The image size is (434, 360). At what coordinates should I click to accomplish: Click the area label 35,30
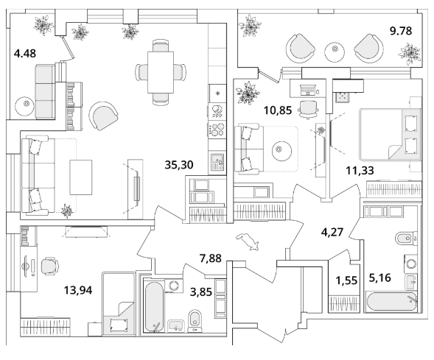(x=179, y=165)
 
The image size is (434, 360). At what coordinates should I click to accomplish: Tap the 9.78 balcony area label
(x=401, y=31)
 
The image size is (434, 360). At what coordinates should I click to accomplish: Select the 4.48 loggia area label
(x=25, y=53)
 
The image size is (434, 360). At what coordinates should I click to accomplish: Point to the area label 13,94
(x=78, y=290)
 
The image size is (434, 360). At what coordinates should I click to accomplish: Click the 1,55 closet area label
(x=346, y=280)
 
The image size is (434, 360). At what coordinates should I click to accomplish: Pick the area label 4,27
(x=332, y=232)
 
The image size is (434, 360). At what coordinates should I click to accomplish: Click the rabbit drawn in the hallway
(x=248, y=241)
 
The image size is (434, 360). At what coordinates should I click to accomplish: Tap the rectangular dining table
(x=161, y=72)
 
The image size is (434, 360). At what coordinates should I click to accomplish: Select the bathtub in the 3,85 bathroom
(x=154, y=306)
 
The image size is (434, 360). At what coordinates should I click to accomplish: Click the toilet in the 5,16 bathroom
(x=406, y=239)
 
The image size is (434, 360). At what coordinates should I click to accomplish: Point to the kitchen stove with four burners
(x=217, y=129)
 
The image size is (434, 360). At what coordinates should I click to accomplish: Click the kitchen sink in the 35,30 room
(x=217, y=162)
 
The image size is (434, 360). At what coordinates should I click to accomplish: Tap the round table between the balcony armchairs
(x=335, y=52)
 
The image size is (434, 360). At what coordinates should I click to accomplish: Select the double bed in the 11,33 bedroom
(x=391, y=135)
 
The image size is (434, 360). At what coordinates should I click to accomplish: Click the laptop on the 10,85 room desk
(x=307, y=90)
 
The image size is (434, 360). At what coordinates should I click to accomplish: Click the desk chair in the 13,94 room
(x=50, y=266)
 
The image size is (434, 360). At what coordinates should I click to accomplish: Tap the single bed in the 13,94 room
(x=119, y=303)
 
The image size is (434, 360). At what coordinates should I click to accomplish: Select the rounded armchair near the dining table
(x=103, y=116)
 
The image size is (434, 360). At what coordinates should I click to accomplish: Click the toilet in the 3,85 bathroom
(x=195, y=321)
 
